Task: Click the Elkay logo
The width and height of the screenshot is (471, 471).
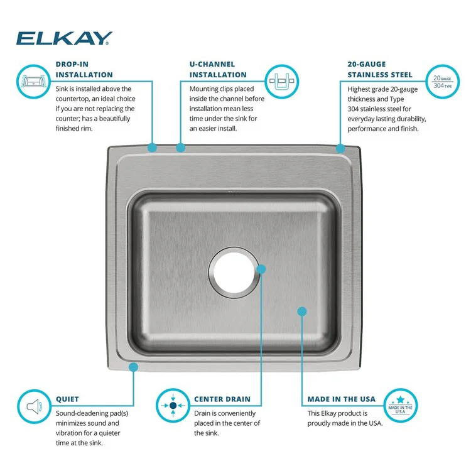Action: point(64,39)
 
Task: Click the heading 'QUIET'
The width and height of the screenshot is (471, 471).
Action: point(67,399)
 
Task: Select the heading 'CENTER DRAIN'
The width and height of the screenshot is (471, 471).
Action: point(222,399)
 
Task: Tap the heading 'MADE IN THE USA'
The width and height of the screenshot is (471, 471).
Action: point(341,399)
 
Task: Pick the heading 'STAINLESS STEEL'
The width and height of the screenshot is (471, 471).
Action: point(371,75)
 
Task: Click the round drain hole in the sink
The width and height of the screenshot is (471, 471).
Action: point(234,273)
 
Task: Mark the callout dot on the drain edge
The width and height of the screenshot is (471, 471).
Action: point(262,269)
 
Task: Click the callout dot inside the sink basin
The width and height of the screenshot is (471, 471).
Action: point(301,311)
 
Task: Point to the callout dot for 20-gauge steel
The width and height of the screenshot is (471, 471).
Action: point(340,148)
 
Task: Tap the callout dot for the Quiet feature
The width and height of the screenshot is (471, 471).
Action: point(133,366)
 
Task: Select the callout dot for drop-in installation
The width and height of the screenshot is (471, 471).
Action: point(152,148)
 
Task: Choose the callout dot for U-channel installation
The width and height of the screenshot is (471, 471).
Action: point(181,148)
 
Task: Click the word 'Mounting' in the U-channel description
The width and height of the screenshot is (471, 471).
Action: point(205,89)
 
